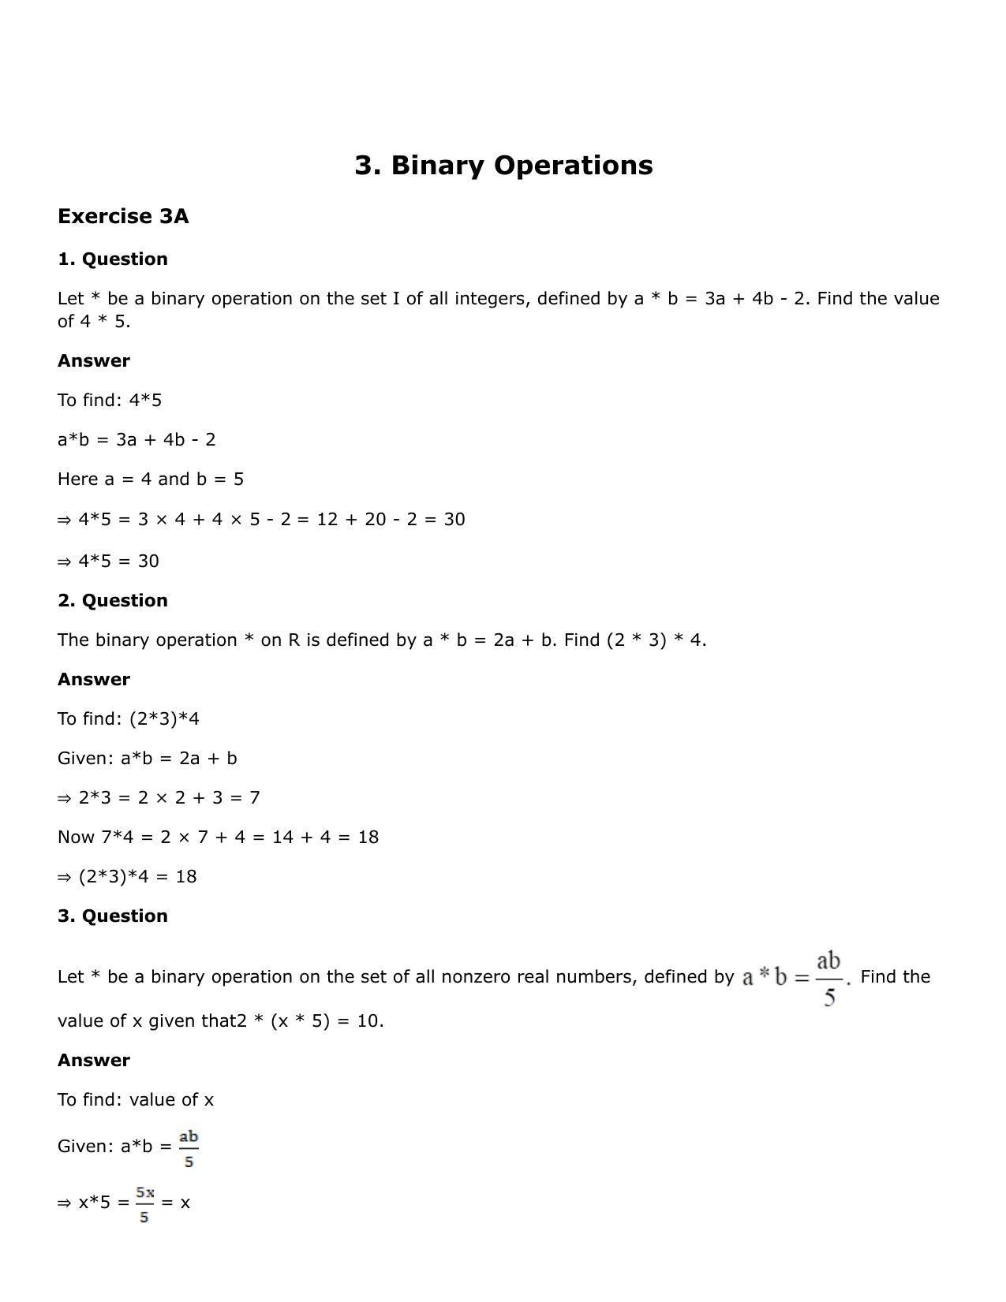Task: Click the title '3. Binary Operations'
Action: point(503,166)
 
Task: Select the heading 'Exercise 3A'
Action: point(123,217)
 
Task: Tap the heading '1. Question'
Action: point(113,259)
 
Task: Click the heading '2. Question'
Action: point(113,601)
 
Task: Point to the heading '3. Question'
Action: point(113,916)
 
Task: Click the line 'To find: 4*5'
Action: point(110,401)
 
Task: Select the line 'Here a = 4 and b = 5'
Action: point(151,479)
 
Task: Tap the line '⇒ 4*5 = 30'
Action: point(108,561)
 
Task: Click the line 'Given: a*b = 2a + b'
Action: point(148,759)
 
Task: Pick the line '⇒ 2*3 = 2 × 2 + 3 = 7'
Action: point(159,798)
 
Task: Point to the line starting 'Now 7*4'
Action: point(218,838)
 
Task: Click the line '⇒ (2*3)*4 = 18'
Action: point(127,877)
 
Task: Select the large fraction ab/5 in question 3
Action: point(828,979)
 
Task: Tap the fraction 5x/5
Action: point(144,1204)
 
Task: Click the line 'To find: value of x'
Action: point(136,1100)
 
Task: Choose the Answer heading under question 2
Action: point(94,680)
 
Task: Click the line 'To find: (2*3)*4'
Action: point(129,719)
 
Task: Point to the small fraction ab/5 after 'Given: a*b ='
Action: point(189,1149)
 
